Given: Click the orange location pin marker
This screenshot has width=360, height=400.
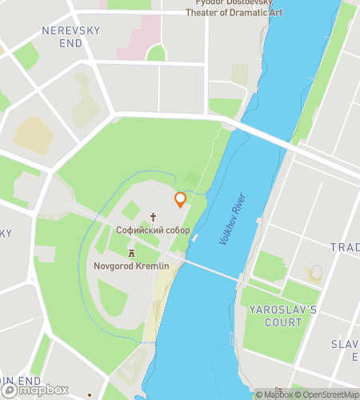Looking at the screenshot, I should point(180,199).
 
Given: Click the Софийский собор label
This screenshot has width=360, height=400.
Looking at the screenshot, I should point(153,230).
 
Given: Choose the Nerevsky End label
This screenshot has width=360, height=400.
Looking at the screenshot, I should point(70,36).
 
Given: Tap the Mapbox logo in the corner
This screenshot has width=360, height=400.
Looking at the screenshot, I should point(35,390).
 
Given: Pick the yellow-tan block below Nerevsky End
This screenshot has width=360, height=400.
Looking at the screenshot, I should point(33,135).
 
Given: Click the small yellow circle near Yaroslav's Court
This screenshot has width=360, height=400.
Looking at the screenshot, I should point(317,273).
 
